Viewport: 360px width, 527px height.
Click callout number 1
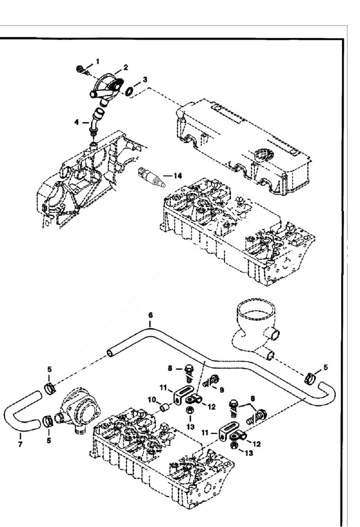coord(98,61)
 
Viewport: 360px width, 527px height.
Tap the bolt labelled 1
coord(81,70)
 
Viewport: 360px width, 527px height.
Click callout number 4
coord(76,123)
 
